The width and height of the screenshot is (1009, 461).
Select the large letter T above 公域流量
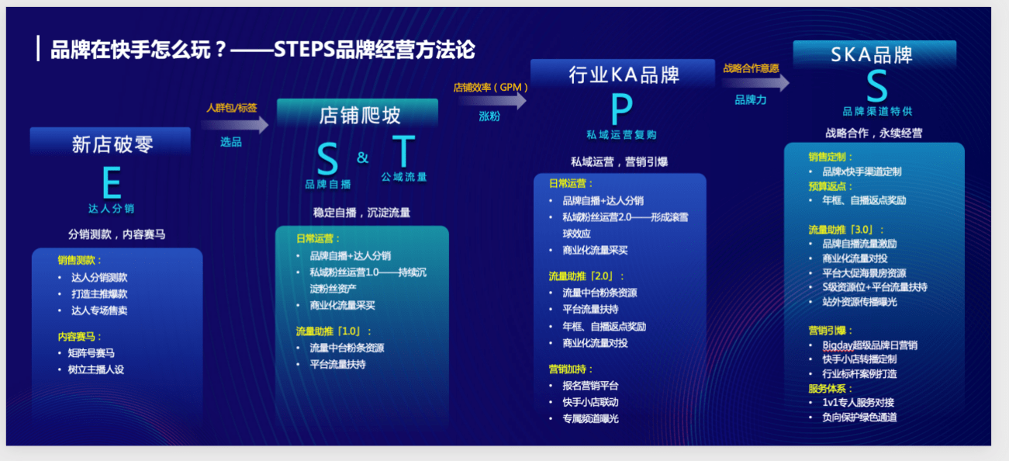[x=403, y=153]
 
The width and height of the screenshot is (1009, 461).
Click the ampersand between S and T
[x=363, y=158]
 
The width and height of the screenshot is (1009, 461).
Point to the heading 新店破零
[x=112, y=144]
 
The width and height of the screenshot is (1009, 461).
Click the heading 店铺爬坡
[x=360, y=116]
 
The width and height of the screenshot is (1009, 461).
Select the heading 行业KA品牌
[x=624, y=75]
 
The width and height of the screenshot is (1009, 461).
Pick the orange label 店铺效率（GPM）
[x=491, y=88]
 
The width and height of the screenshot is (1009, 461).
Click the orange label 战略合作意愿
[x=751, y=68]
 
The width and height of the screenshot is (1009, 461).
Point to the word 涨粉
[x=489, y=116]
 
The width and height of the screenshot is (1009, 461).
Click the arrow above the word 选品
[x=241, y=125]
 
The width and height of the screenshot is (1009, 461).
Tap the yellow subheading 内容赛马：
[x=80, y=337]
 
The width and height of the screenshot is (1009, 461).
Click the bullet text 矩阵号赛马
[x=92, y=353]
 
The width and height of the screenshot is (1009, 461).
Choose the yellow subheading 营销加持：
[x=571, y=369]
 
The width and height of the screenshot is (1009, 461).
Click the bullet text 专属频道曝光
[x=590, y=418]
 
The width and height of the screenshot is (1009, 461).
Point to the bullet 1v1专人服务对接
[x=859, y=402]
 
